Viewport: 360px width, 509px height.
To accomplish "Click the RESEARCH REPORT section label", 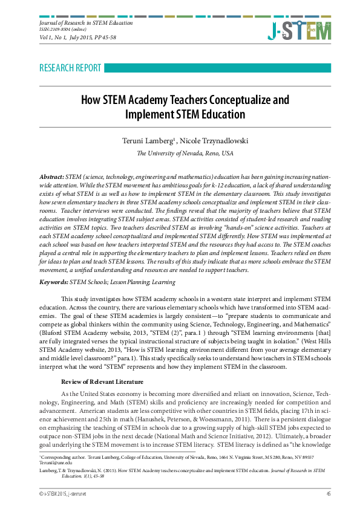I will pyautogui.click(x=70, y=68).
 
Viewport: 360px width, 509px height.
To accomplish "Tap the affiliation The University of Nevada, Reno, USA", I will pyautogui.click(x=184, y=154).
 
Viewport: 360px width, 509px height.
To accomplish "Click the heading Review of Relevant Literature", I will pyautogui.click(x=102, y=381).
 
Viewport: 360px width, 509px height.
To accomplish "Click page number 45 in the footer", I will pyautogui.click(x=328, y=494).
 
